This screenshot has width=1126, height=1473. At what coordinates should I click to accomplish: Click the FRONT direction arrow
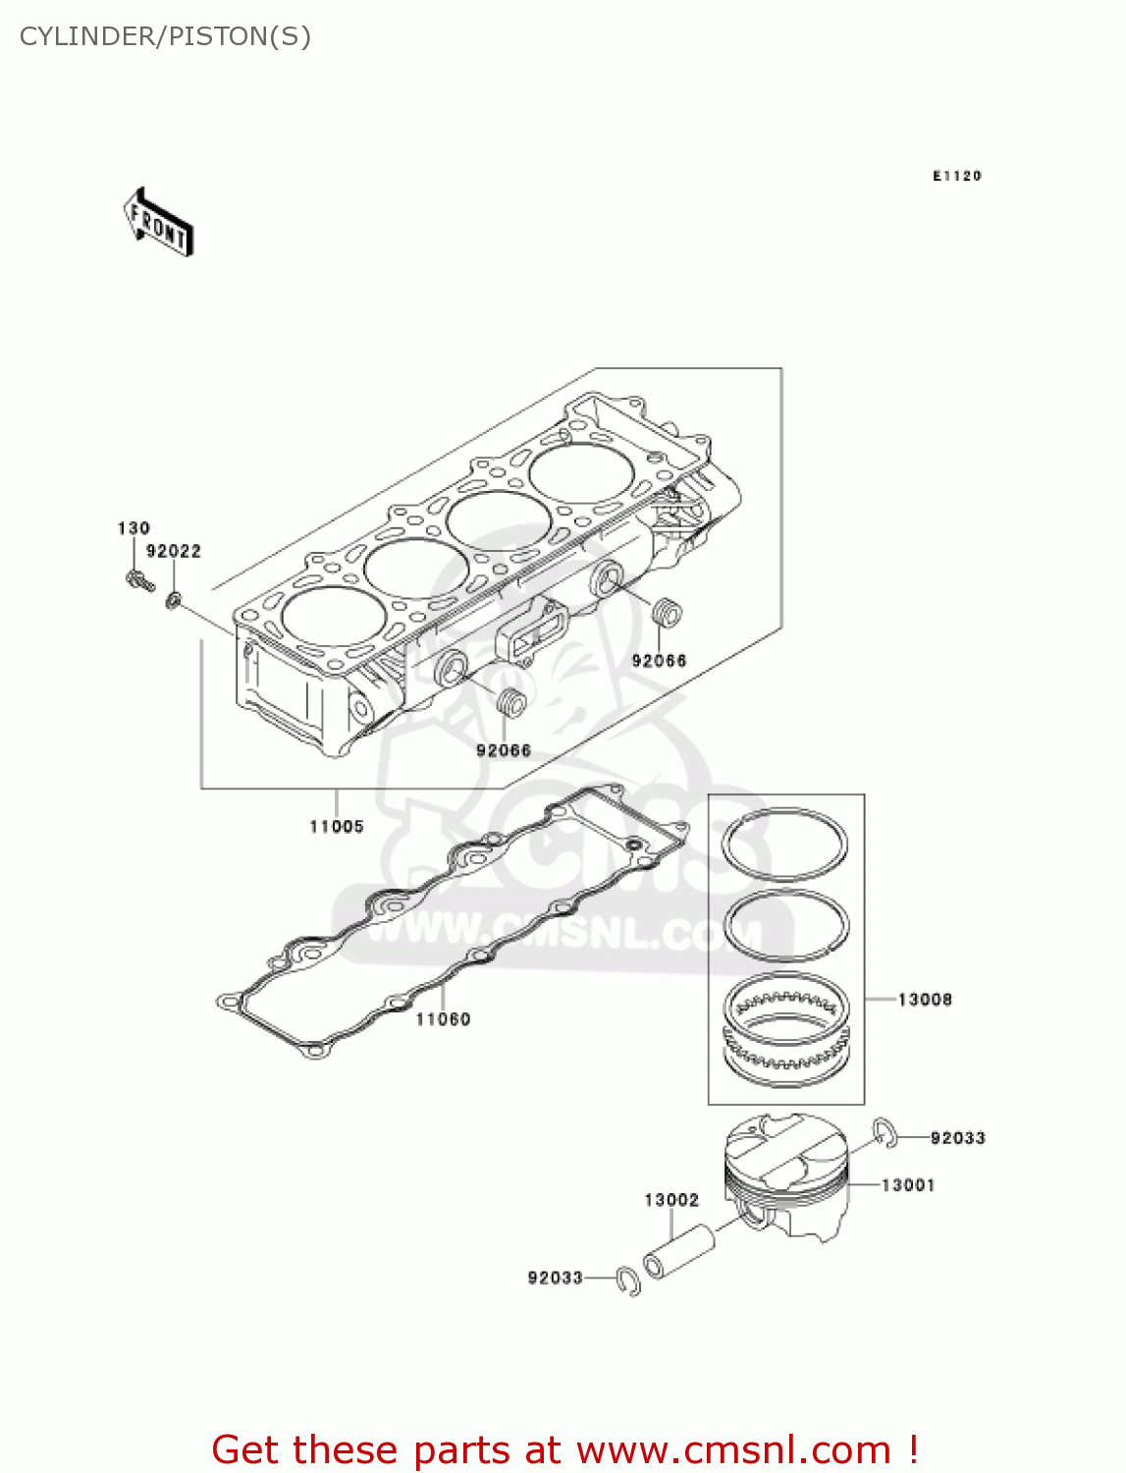pos(157,223)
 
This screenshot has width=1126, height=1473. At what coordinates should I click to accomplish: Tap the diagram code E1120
pos(956,176)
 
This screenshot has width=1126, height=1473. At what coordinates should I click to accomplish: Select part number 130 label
pos(134,528)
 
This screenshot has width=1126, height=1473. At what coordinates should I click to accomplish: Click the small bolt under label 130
pos(139,579)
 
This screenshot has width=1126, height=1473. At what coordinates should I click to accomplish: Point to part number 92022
pos(174,552)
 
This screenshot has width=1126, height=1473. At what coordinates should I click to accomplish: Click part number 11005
pos(337,827)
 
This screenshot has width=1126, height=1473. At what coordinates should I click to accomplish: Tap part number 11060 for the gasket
pos(443,1019)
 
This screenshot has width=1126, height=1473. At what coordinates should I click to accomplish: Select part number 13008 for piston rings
pos(925,1000)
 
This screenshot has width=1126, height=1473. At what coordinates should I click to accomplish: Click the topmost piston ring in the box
pos(784,844)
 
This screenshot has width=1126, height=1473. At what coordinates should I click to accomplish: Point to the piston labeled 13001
pos(785,1178)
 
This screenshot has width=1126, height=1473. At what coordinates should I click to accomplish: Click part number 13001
pos(908,1185)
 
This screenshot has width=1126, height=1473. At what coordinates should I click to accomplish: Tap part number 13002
pos(671,1200)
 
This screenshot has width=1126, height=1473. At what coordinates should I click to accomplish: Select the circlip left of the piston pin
pos(628,1281)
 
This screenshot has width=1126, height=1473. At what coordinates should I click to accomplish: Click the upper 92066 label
pos(659,661)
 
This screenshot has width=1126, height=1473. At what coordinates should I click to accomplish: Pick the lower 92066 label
pos(504,751)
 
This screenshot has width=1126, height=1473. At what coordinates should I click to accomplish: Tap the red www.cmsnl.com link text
pos(733,1449)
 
